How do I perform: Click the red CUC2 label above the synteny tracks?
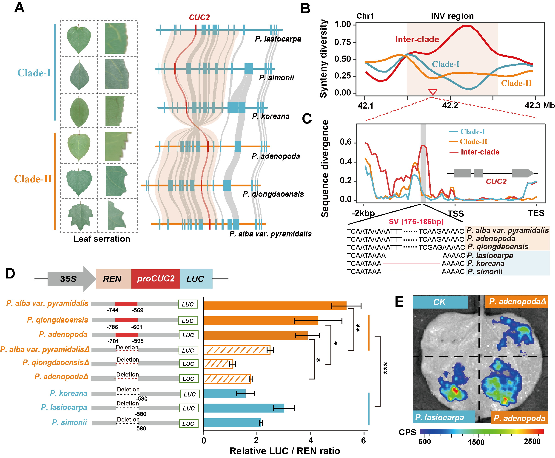(199, 17)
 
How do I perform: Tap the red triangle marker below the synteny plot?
(433, 92)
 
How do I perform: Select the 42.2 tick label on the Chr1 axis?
(450, 106)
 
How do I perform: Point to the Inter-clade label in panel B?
(417, 39)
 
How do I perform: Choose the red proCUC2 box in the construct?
(156, 279)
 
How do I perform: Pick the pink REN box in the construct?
(113, 279)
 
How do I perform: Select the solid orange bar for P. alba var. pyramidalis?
(275, 306)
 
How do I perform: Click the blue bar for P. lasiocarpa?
(243, 408)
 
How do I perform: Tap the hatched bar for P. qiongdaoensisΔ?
(218, 364)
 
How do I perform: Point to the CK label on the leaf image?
(439, 302)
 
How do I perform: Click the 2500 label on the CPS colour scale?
(532, 441)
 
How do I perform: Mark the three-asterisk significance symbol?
(385, 368)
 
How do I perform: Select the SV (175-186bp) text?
(416, 222)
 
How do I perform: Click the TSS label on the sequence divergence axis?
(456, 214)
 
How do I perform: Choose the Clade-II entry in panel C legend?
(473, 142)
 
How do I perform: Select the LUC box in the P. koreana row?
(190, 394)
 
